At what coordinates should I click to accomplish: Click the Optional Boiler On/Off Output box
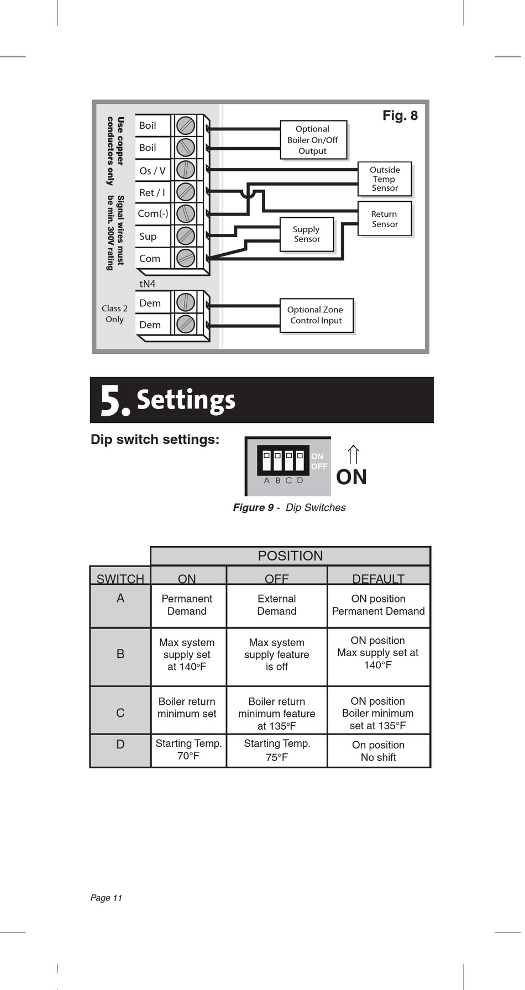point(313,140)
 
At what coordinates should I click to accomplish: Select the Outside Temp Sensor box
point(385,179)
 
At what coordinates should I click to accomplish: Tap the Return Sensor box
point(385,219)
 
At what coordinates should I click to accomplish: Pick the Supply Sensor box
point(307,234)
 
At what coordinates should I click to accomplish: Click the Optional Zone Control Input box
point(316,315)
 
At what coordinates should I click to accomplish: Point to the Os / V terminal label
point(153,171)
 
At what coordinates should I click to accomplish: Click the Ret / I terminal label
point(152,192)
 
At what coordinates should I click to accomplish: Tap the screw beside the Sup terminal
point(186,236)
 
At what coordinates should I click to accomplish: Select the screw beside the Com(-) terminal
point(186,213)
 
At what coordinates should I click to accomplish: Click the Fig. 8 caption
point(400,116)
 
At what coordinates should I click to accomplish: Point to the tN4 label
point(148,284)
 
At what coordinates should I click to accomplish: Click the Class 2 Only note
point(114,313)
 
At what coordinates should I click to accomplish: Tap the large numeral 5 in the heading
point(113,401)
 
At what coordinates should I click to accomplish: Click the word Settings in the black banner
point(186,400)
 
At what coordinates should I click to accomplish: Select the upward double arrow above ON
point(354,454)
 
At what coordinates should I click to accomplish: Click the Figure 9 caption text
point(289,507)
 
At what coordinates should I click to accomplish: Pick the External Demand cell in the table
point(277,605)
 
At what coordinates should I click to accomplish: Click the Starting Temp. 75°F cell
point(277,750)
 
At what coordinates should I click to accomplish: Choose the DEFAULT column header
point(379,578)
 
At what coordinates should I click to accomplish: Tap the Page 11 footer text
point(106,898)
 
